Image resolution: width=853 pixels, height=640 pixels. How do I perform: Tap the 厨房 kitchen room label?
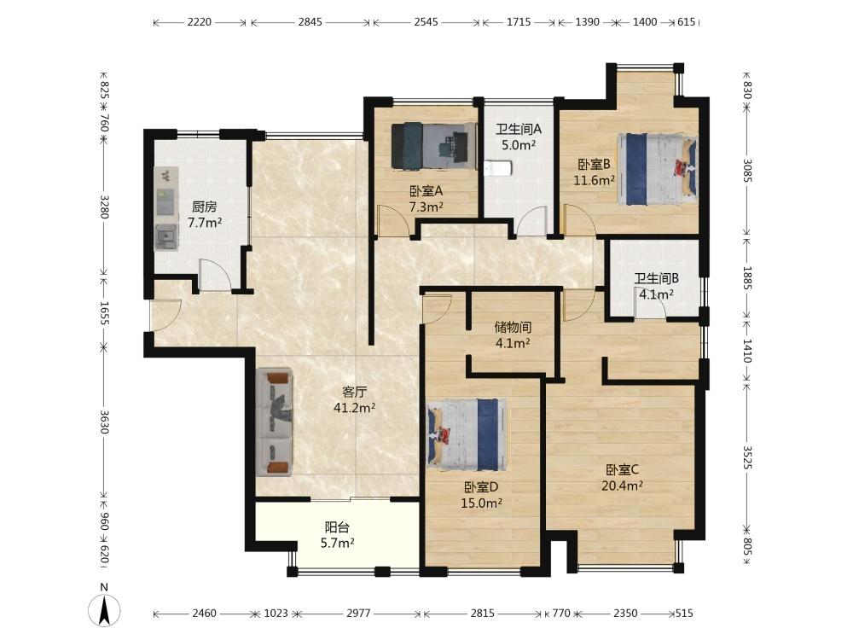point(205,207)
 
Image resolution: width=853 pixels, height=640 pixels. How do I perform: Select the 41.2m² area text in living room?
point(355,408)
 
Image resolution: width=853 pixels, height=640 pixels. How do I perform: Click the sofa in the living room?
point(274,422)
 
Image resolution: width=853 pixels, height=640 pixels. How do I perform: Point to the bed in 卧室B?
point(657,169)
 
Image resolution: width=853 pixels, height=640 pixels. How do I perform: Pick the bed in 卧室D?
point(467,434)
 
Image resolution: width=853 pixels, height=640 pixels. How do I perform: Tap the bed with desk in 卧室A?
point(432,145)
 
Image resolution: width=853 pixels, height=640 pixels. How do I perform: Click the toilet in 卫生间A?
point(498,169)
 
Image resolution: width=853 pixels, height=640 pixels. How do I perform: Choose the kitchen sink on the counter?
point(166,236)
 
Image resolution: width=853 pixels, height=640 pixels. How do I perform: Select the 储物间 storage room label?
point(513,327)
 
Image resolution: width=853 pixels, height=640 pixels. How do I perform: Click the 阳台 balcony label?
point(337,527)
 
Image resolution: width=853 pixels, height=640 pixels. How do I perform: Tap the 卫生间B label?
point(657,279)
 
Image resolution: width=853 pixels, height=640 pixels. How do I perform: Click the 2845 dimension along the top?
point(310,22)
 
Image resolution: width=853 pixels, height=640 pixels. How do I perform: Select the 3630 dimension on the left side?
point(104,422)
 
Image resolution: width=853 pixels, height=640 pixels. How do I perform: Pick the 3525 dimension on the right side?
point(747,457)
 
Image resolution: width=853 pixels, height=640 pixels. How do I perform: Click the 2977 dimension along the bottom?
point(358,614)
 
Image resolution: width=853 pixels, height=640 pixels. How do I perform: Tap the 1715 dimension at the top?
point(519,22)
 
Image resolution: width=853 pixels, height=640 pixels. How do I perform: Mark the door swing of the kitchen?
point(215,274)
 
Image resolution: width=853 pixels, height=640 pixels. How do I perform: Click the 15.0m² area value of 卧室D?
point(481,503)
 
